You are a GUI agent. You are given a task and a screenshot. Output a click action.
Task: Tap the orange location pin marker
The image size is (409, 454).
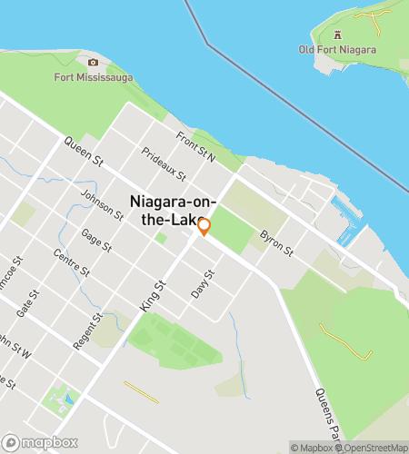(204, 227)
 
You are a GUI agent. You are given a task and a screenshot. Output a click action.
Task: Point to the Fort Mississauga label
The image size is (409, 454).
(93, 77)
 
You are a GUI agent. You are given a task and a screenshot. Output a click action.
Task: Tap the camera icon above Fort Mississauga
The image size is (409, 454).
(93, 63)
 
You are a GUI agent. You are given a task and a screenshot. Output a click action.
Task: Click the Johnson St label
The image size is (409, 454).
(103, 205)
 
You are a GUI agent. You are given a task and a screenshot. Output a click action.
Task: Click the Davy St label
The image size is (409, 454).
(202, 284)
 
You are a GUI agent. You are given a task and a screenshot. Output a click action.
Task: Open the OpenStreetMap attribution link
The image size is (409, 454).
(373, 447)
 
